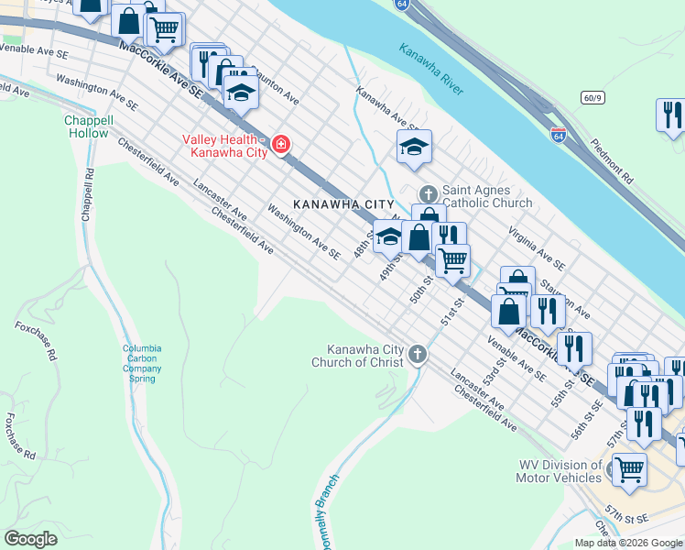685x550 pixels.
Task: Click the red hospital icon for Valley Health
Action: point(280,145)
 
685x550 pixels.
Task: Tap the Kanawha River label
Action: point(431,69)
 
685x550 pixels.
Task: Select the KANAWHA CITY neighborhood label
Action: point(343,203)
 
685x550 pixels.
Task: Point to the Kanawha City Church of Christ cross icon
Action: point(418,353)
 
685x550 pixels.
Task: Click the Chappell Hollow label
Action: point(88,126)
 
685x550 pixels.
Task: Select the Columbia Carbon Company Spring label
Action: point(143,363)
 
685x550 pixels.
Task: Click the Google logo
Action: point(31,539)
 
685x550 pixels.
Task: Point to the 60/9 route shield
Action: point(592,96)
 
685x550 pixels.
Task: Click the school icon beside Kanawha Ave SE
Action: point(414,146)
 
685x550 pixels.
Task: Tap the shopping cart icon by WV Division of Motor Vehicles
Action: point(629,469)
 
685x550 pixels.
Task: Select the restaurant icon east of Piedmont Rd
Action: point(670,115)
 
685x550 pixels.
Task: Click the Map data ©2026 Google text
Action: point(627,542)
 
